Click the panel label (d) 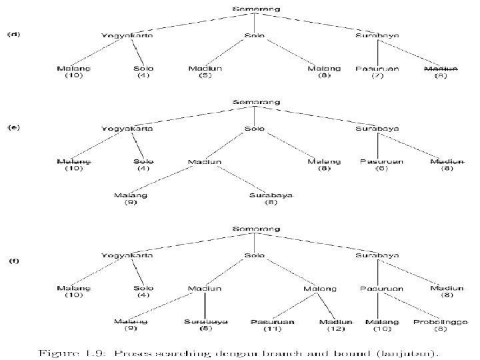point(13,34)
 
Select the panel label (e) point(13,127)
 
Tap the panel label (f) point(13,260)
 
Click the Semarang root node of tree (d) point(256,9)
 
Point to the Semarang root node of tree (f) point(256,229)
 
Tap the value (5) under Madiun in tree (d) point(206,75)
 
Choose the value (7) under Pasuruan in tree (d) point(378,75)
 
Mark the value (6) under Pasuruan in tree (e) point(378,168)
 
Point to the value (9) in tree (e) point(130,202)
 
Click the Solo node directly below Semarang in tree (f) point(255,255)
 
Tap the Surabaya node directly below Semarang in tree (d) point(378,35)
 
